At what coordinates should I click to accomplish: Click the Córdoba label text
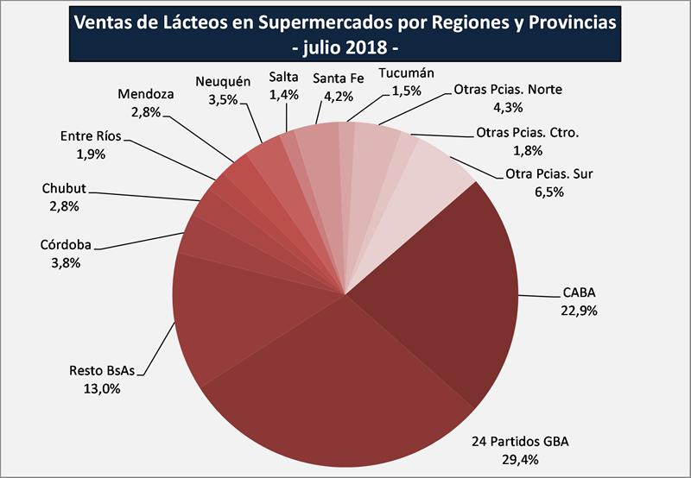point(66,246)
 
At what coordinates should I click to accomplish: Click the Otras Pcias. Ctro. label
point(527,134)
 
